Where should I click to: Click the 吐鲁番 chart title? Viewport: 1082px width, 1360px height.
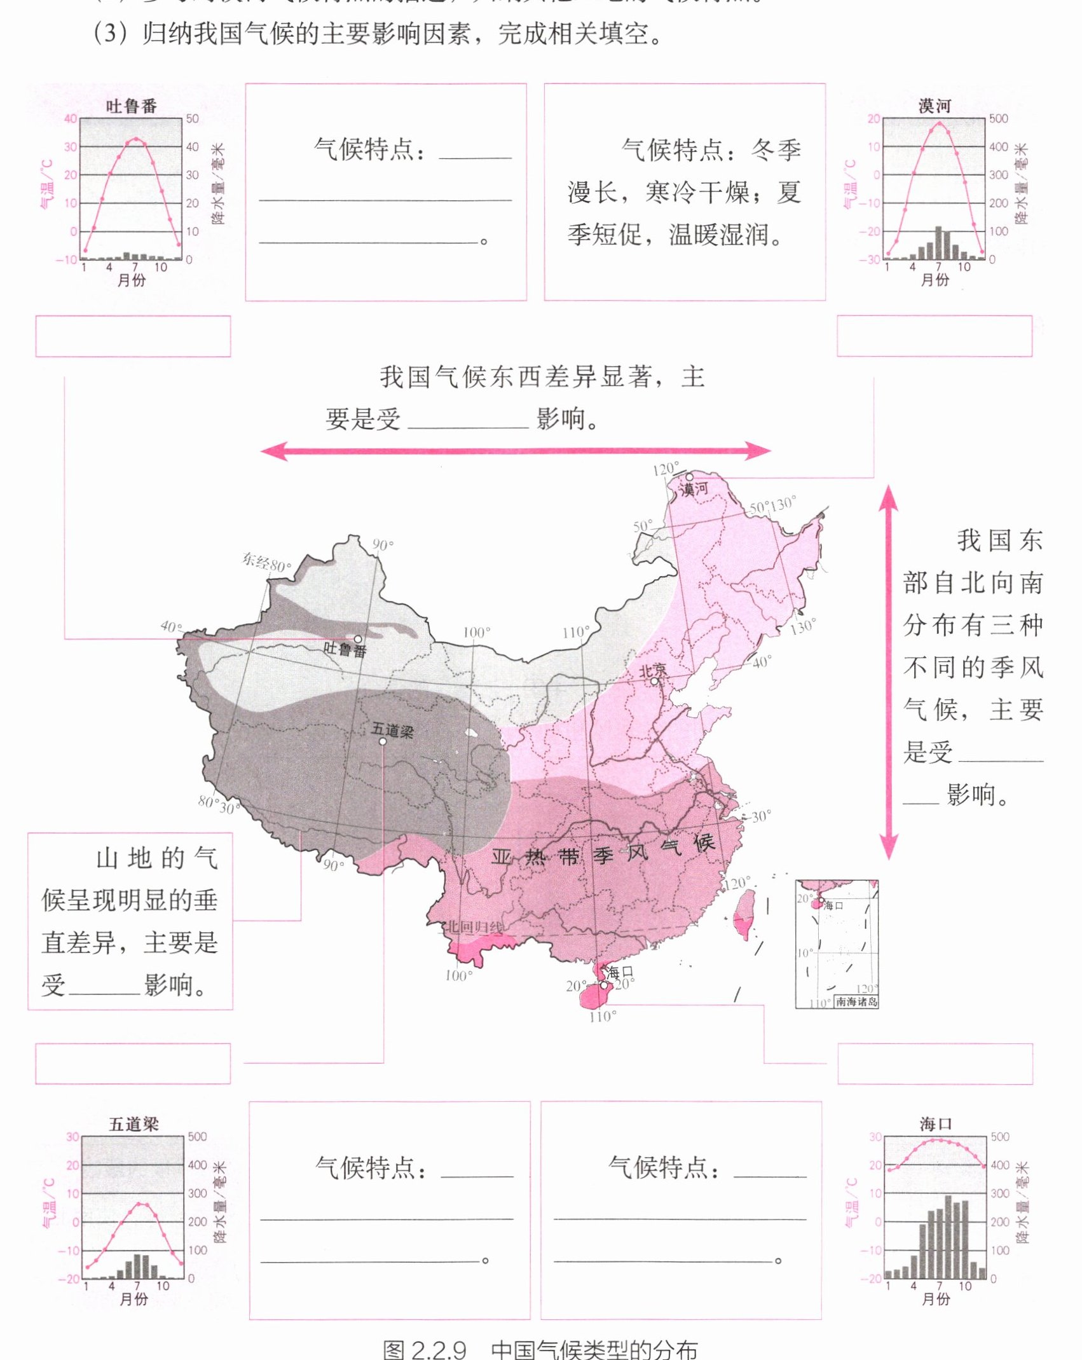click(131, 106)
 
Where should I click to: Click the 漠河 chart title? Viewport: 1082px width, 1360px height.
click(934, 106)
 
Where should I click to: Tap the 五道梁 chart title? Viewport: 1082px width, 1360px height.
click(134, 1124)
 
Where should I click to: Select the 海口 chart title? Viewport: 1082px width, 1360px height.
click(935, 1124)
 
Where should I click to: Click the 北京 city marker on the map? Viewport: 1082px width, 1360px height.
click(654, 681)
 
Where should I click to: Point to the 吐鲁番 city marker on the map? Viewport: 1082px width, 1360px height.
click(358, 639)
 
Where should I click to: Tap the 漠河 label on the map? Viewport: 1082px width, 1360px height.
click(694, 489)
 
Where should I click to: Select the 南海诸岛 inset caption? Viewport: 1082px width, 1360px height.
click(856, 1001)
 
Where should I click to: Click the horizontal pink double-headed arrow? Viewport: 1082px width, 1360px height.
click(516, 451)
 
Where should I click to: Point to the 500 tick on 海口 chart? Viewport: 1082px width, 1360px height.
click(999, 1137)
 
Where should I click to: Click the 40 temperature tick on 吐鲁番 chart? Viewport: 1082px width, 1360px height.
click(70, 119)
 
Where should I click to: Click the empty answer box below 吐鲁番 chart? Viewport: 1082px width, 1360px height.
click(133, 336)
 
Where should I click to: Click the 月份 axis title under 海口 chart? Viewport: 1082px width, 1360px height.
click(936, 1298)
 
